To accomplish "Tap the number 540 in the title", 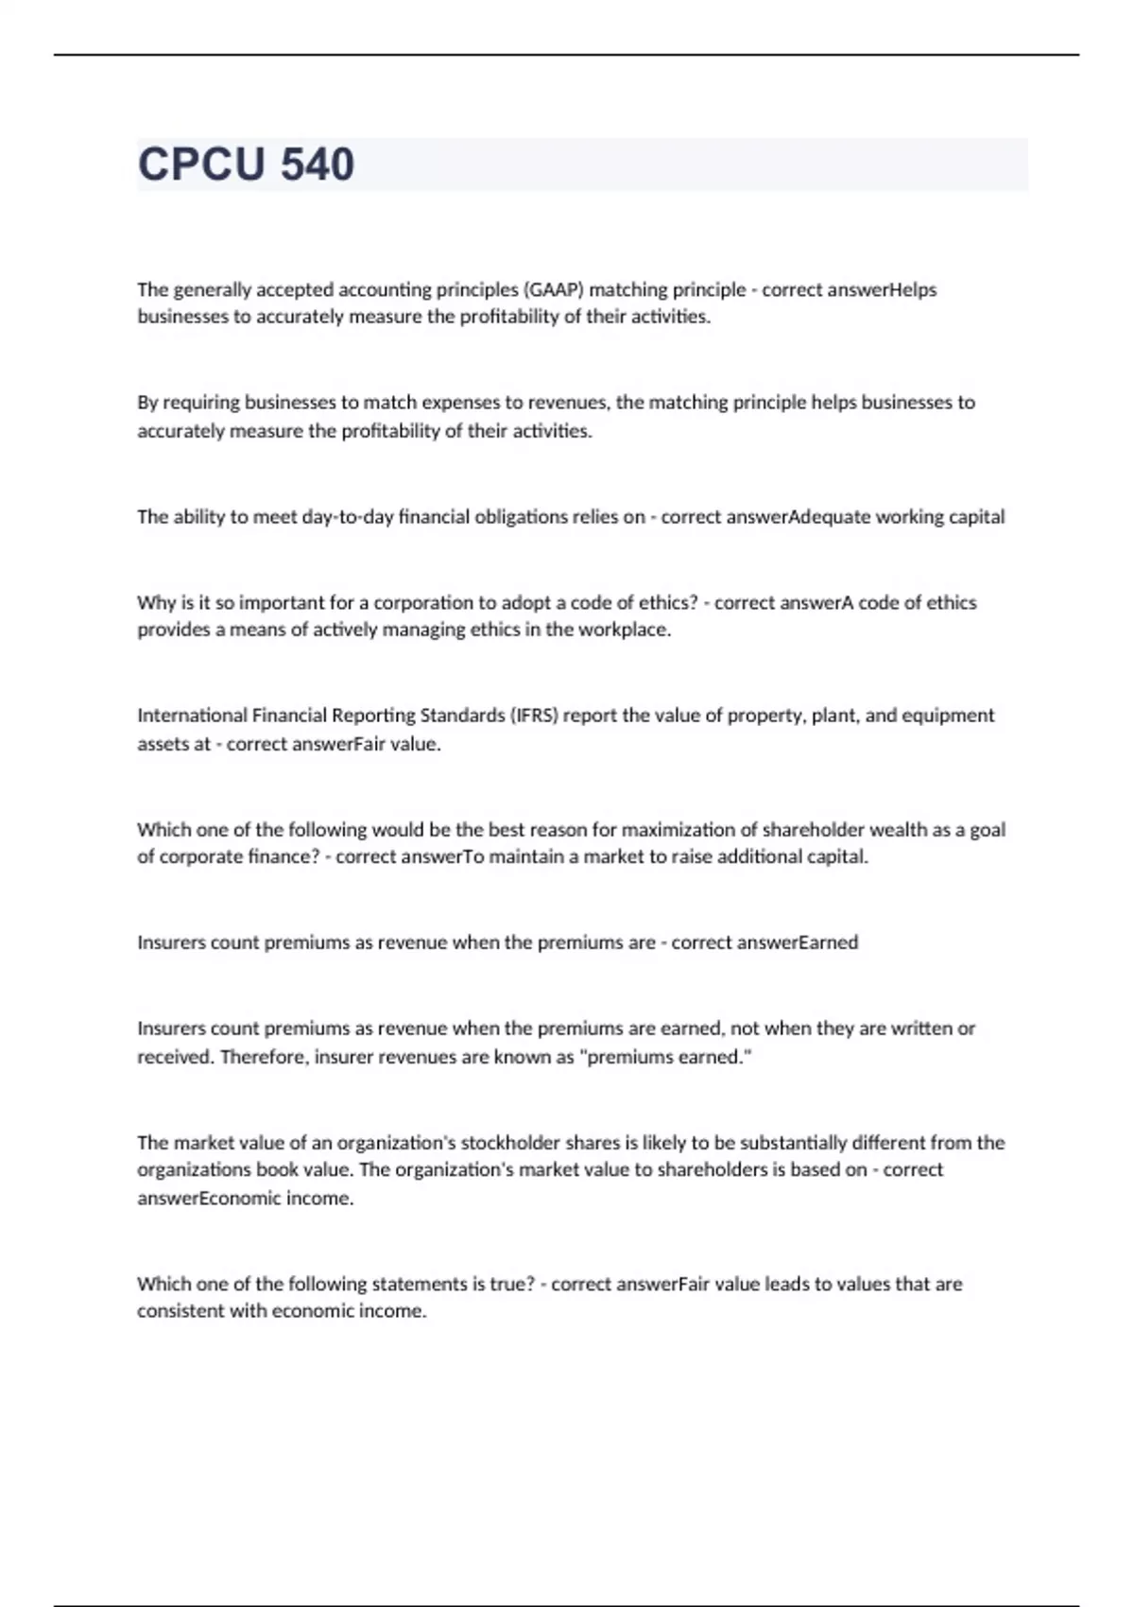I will coord(318,164).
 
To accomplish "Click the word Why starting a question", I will coord(156,602).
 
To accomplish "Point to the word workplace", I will coord(627,630).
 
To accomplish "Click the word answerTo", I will coord(430,857).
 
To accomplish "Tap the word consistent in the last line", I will coord(180,1311).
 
